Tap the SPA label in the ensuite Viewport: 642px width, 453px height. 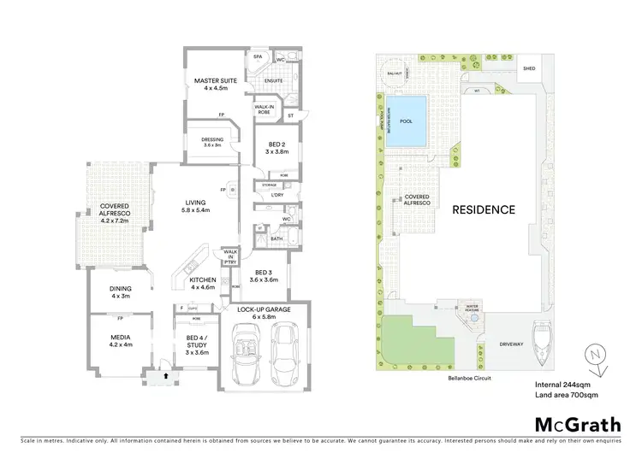coord(256,57)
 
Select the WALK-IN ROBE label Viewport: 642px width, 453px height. coord(264,109)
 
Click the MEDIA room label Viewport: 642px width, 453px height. coord(120,341)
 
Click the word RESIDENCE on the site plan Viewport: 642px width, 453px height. coord(484,209)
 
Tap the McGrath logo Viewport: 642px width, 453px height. coord(577,424)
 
